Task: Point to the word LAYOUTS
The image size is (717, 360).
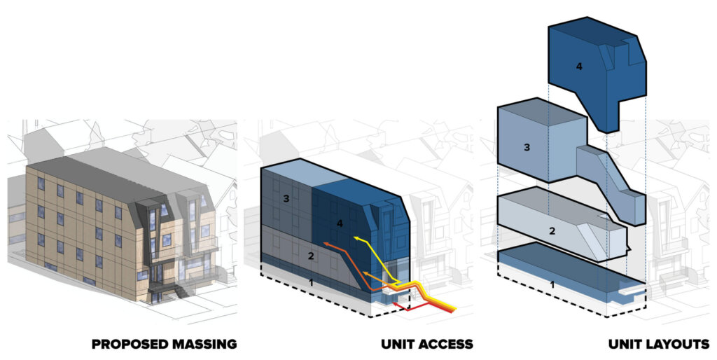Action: (x=677, y=344)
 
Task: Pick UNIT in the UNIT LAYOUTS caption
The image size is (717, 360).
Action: (x=624, y=344)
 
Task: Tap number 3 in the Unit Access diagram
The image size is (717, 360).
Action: (x=286, y=199)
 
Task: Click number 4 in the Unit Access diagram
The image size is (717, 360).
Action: (x=340, y=223)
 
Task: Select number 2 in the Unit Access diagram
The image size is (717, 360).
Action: (x=311, y=256)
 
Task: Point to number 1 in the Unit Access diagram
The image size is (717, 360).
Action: (x=312, y=283)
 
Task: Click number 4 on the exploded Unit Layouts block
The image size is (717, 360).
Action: (x=579, y=67)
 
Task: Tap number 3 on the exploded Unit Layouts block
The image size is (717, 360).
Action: (x=527, y=148)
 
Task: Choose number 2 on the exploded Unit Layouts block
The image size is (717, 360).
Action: (x=552, y=231)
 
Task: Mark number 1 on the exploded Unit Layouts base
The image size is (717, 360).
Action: (x=552, y=285)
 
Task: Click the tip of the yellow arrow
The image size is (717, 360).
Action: (x=354, y=237)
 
